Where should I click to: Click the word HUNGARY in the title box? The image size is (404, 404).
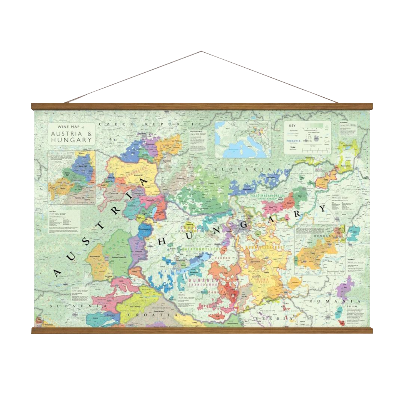coord(72,140)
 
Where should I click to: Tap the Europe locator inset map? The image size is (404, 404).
coord(243,139)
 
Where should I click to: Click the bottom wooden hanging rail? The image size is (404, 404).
coord(202,330)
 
